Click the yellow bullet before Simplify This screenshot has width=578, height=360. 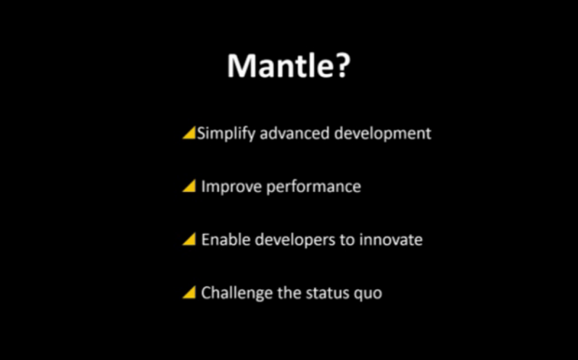pyautogui.click(x=188, y=133)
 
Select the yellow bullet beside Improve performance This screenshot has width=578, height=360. pyautogui.click(x=189, y=187)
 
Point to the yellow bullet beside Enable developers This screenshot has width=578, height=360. pyautogui.click(x=189, y=240)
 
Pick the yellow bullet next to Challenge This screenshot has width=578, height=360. pyautogui.click(x=189, y=293)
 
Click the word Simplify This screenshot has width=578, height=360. pyautogui.click(x=225, y=133)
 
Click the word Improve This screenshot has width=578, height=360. pyautogui.click(x=228, y=187)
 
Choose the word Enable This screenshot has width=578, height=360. pyautogui.click(x=225, y=240)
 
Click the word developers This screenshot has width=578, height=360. pyautogui.click(x=293, y=241)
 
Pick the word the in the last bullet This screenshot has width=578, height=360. pyautogui.click(x=290, y=293)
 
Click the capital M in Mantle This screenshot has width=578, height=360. pyautogui.click(x=241, y=67)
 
